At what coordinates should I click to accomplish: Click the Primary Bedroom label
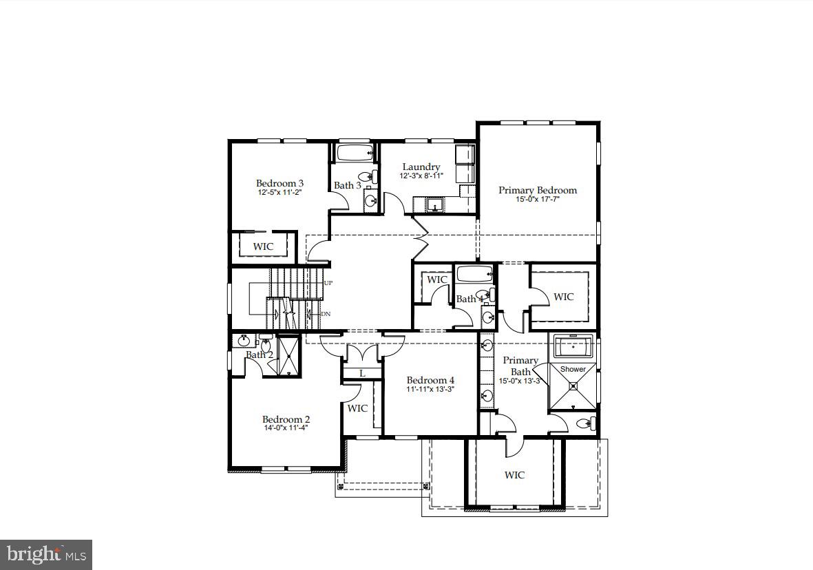(x=538, y=190)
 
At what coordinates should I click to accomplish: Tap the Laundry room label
(x=421, y=167)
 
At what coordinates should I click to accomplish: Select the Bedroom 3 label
(x=279, y=183)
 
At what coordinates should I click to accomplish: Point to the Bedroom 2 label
(x=286, y=419)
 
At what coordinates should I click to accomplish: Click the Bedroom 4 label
(x=430, y=380)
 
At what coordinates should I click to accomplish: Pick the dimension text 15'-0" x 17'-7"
(x=538, y=200)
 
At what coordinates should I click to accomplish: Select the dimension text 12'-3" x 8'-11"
(x=421, y=176)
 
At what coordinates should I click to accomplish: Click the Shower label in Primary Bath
(x=573, y=369)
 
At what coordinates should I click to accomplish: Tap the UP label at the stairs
(x=328, y=283)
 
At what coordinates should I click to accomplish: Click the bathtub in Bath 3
(x=355, y=151)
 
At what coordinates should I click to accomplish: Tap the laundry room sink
(x=434, y=204)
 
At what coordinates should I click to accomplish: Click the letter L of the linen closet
(x=361, y=373)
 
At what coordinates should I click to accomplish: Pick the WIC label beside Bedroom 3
(x=263, y=246)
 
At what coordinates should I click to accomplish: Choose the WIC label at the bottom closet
(x=514, y=475)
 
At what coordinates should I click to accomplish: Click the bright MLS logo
(x=46, y=554)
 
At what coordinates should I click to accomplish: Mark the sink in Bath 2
(x=244, y=341)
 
